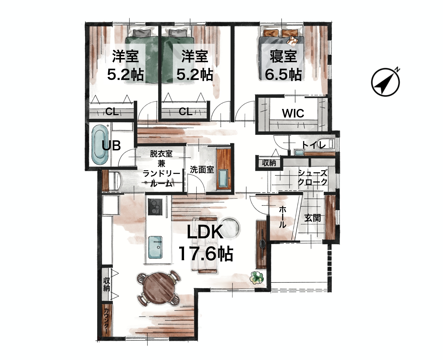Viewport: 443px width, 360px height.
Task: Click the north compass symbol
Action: [x=386, y=82]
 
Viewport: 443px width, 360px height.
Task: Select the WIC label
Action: [x=293, y=113]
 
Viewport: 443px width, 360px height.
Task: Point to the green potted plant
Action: [x=257, y=277]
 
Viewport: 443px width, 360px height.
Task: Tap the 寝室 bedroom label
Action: [x=283, y=57]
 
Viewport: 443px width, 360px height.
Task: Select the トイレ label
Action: [x=314, y=144]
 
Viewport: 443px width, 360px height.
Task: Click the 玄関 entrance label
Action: [x=313, y=218]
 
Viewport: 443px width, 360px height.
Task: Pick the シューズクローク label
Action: [x=313, y=177]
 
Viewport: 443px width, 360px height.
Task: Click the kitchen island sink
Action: [x=155, y=247]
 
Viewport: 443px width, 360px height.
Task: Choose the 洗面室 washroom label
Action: [x=202, y=170]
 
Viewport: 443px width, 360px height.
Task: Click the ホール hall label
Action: [x=282, y=217]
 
